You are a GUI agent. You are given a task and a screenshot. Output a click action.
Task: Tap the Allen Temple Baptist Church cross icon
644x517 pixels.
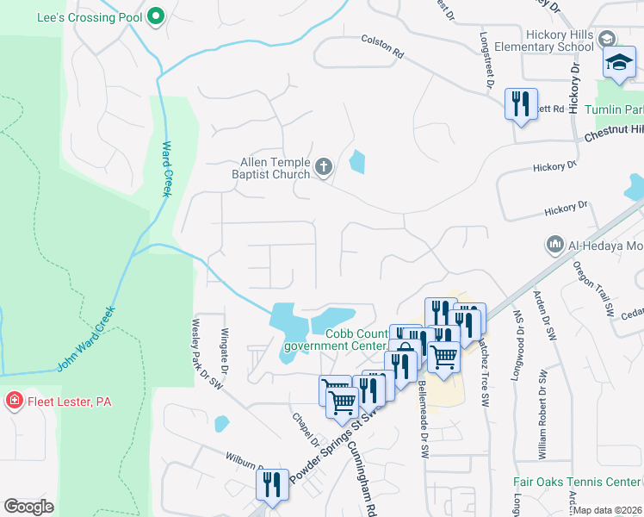(x=324, y=166)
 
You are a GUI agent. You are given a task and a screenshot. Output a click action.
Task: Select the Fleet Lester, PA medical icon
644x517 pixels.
(x=14, y=402)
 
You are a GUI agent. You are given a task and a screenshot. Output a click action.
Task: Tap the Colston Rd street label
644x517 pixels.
(x=382, y=46)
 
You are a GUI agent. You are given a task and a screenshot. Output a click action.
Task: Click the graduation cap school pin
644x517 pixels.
(x=618, y=63)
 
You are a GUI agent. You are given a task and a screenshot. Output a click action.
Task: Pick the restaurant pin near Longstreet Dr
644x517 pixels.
(x=520, y=104)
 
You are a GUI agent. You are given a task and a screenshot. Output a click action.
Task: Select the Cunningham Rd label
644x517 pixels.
(x=361, y=473)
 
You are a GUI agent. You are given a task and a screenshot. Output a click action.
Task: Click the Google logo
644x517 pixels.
(x=29, y=507)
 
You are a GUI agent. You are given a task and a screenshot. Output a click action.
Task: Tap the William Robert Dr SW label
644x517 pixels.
(x=542, y=414)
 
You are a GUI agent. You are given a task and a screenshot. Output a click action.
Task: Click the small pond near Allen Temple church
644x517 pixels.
(x=356, y=160)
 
